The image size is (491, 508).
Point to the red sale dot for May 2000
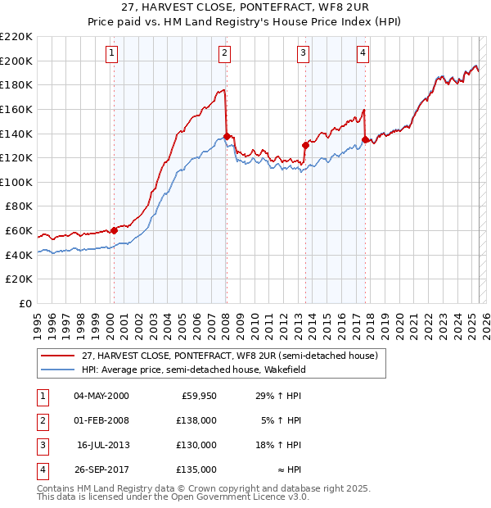pos(114,230)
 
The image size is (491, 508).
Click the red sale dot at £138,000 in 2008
pos(226,136)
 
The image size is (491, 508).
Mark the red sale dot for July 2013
pos(305,145)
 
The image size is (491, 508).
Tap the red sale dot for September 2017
pos(365,139)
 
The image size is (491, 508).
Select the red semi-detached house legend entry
pos(229,356)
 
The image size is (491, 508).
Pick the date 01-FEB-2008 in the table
pos(101,420)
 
